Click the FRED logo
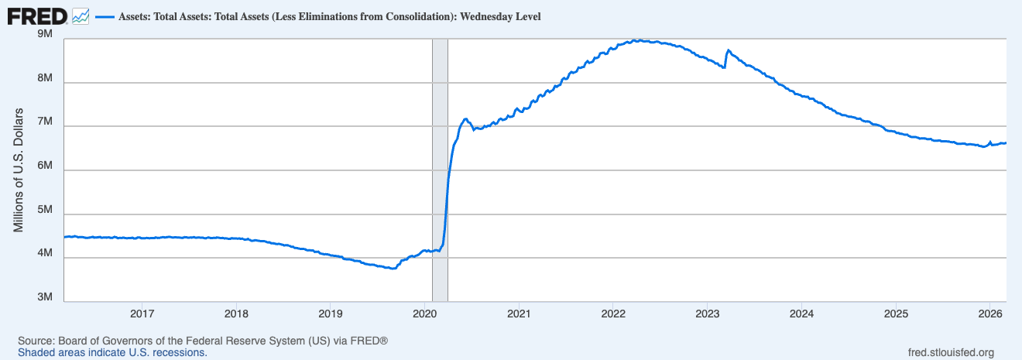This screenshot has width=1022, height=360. (x=36, y=15)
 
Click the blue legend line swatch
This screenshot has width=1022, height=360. (x=104, y=16)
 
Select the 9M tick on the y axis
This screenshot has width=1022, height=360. (x=44, y=35)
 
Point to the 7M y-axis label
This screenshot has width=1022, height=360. (x=44, y=122)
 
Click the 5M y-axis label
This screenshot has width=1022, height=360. (x=44, y=211)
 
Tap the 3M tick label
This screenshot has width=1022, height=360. (x=44, y=298)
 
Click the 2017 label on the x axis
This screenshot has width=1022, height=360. (x=142, y=314)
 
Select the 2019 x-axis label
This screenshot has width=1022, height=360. (x=331, y=314)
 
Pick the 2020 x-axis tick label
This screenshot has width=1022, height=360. (x=425, y=314)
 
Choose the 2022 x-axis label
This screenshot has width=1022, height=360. (x=613, y=314)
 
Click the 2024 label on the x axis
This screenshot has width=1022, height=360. (x=801, y=314)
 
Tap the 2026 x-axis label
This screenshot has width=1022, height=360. (x=990, y=314)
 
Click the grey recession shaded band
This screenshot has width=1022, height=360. (x=440, y=170)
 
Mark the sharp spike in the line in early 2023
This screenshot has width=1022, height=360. (x=728, y=50)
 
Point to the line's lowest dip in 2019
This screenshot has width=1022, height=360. (x=393, y=268)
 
